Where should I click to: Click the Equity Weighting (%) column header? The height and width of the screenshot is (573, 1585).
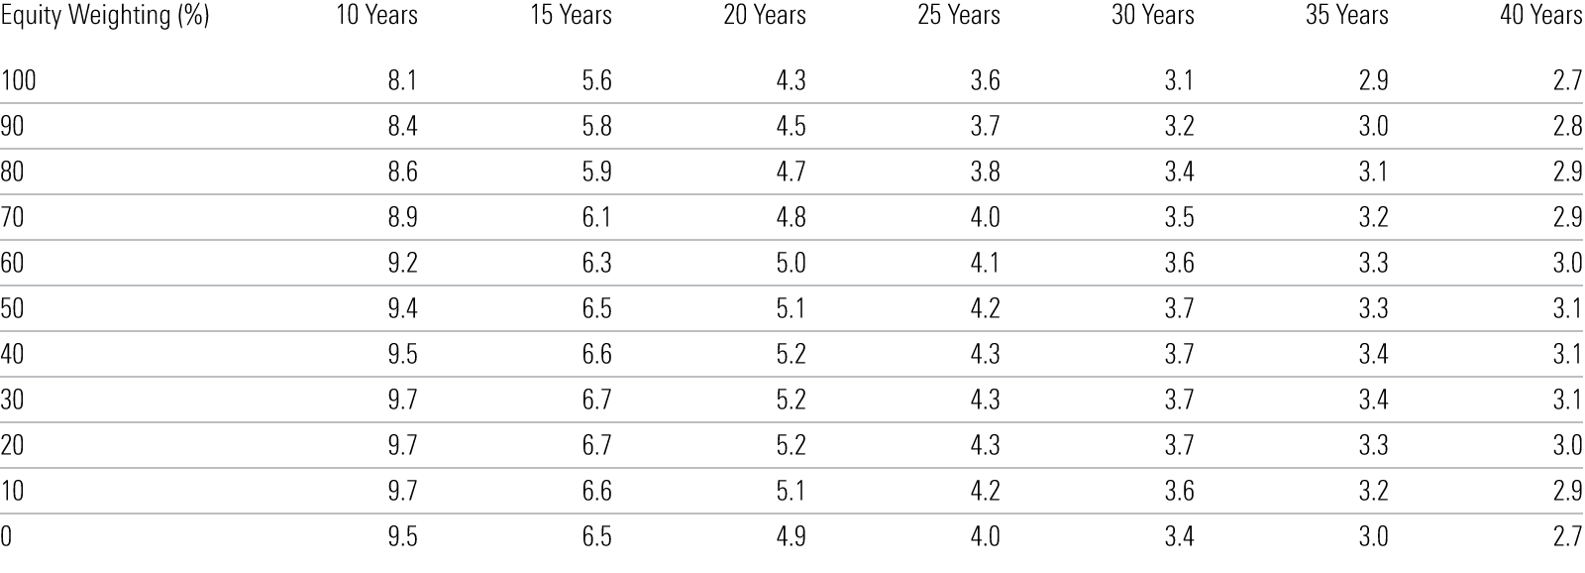coord(105,16)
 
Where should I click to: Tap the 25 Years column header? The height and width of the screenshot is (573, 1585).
coord(957,16)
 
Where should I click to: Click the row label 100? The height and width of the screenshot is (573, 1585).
coord(18,80)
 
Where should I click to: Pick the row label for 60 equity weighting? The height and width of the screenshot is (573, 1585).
coord(13,263)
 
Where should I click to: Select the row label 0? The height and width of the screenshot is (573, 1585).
coord(7,536)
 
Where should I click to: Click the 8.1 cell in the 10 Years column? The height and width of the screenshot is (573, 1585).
coord(402,80)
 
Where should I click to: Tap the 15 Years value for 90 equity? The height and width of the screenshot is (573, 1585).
coord(596,126)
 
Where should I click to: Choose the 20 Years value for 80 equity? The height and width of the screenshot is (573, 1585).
coord(791,172)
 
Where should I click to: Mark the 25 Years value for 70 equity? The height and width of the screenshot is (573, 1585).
coord(985,217)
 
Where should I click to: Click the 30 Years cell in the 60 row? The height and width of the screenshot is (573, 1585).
coord(1179,263)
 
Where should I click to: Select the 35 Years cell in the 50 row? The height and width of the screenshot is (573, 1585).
coord(1373,308)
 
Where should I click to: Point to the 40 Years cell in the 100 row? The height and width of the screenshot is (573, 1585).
coord(1567,80)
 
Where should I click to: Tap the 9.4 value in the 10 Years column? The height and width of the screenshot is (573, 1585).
coord(402,308)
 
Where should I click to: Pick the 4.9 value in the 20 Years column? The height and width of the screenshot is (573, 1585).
coord(791,536)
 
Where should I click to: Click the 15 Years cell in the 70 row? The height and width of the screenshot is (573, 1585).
coord(596,217)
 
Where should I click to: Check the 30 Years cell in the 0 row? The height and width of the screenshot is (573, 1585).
coord(1179,536)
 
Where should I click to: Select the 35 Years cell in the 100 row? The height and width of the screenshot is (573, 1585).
coord(1373,80)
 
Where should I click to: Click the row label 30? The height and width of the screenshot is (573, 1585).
coord(13,400)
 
